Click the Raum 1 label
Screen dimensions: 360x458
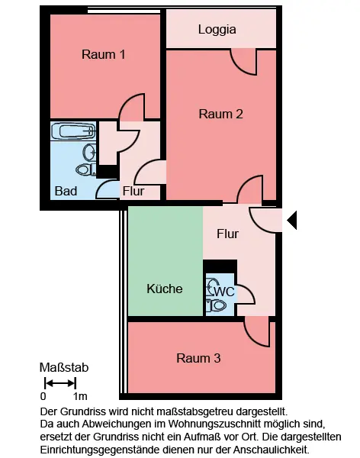[x=104, y=55]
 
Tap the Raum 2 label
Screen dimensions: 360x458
[x=220, y=114]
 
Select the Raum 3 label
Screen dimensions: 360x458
[x=198, y=358]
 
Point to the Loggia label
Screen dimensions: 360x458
[x=217, y=30]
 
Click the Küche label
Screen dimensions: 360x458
[x=165, y=289]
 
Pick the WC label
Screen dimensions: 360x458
[x=224, y=292]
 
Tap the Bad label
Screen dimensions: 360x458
[x=66, y=191]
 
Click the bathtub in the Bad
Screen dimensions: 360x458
[x=73, y=131]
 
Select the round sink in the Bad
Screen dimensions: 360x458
[x=90, y=152]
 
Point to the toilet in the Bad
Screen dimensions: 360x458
[x=86, y=169]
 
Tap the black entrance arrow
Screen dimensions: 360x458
[x=292, y=220]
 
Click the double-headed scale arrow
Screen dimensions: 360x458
[x=60, y=383]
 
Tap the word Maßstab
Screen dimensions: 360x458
[x=64, y=367]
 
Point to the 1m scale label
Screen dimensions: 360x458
[x=80, y=396]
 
